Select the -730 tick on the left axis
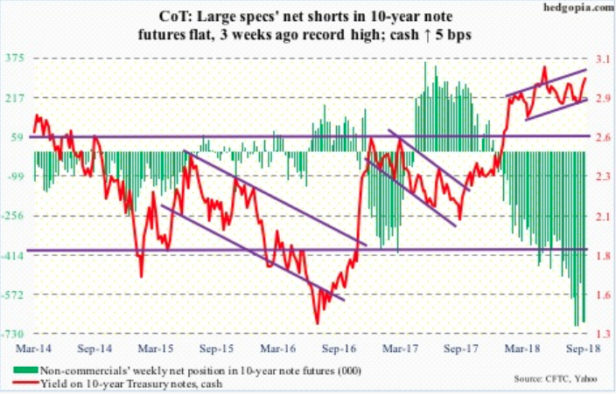click(x=15, y=335)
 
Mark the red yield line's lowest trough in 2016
click(x=316, y=322)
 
